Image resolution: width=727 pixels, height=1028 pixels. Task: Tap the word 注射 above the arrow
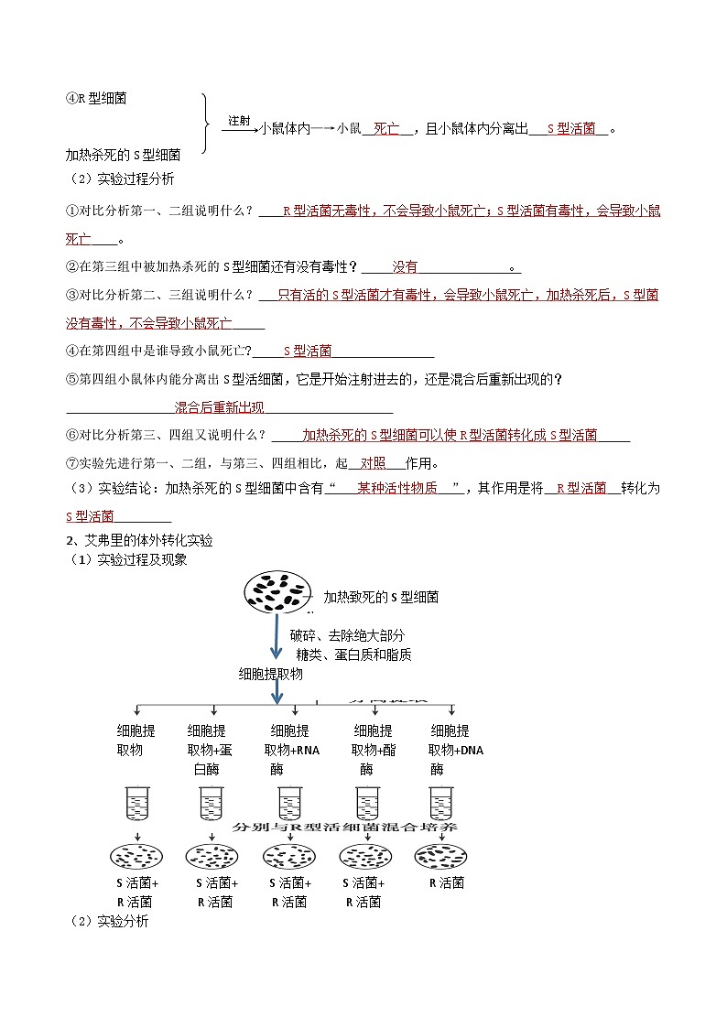[238, 121]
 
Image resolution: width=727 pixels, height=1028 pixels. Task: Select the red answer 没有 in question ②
[405, 267]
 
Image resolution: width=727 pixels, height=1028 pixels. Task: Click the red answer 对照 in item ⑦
[373, 462]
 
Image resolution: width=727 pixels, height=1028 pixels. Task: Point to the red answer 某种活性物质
[396, 489]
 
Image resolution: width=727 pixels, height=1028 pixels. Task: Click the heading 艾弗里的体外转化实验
[146, 541]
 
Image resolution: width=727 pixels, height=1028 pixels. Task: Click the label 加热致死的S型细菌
[375, 598]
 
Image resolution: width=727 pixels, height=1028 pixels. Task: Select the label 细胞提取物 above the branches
[270, 673]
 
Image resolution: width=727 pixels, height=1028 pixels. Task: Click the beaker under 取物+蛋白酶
[212, 804]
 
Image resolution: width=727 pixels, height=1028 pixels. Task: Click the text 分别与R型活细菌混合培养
[346, 827]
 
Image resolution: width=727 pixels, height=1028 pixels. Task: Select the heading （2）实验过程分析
[122, 179]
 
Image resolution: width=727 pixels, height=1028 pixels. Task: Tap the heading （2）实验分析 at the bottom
[109, 921]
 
